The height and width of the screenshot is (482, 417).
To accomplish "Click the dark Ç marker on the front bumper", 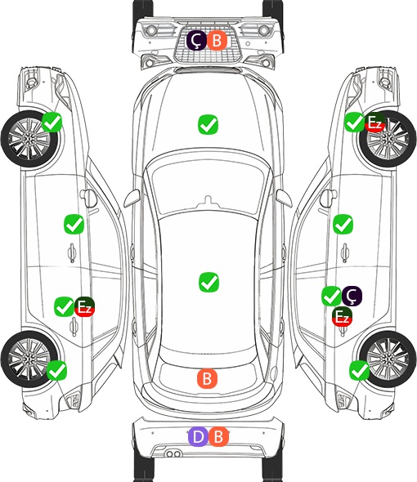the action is click(x=196, y=40).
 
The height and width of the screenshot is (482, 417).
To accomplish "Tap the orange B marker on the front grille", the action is click(x=217, y=40).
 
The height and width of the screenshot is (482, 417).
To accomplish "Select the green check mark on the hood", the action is click(x=208, y=124).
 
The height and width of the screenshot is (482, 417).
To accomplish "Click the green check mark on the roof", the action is click(x=208, y=282).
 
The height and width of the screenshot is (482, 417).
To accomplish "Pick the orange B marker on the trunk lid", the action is click(x=207, y=378).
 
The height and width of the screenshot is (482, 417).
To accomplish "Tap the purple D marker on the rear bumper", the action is click(x=198, y=436).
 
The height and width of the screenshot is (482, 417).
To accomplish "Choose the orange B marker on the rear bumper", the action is click(x=219, y=436).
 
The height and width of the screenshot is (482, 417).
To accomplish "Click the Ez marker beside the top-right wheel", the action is click(x=374, y=123).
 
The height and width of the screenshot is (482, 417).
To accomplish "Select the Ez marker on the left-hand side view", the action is click(x=84, y=306).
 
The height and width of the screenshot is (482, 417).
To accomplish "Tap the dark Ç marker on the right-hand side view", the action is click(x=352, y=296).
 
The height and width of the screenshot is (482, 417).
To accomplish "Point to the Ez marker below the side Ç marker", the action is click(x=342, y=316).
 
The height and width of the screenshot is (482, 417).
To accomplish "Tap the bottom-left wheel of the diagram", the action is click(x=29, y=359).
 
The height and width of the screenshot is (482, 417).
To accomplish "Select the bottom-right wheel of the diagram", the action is click(x=388, y=359).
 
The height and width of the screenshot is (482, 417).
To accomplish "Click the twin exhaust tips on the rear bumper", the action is click(x=173, y=454).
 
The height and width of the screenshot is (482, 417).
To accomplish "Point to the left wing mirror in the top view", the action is click(x=132, y=198).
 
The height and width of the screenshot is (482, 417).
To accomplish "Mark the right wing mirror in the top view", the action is click(x=284, y=198).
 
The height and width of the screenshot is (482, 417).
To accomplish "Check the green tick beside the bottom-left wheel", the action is click(x=56, y=370).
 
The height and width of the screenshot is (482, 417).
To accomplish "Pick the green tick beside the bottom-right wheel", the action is click(x=359, y=370).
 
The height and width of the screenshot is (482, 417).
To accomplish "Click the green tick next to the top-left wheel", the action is click(x=52, y=123).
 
